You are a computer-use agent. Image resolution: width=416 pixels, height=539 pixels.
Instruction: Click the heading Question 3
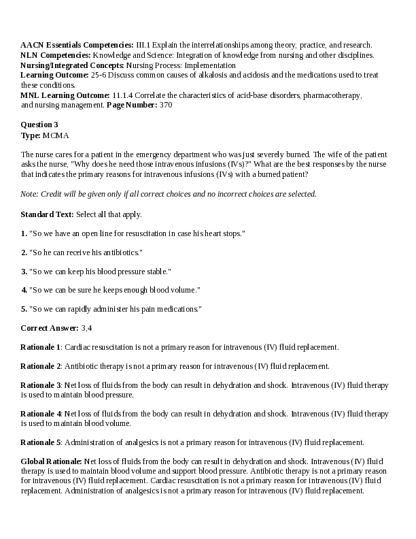click(x=39, y=125)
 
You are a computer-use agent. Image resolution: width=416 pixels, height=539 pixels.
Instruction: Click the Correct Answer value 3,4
click(x=86, y=328)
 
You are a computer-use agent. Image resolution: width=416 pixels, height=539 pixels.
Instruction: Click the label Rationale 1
click(x=41, y=347)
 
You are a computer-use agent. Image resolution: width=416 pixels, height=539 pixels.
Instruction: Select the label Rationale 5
click(x=41, y=442)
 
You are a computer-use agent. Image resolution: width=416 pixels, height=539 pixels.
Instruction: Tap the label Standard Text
click(x=47, y=214)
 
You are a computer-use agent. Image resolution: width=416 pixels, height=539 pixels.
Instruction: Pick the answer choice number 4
click(x=24, y=290)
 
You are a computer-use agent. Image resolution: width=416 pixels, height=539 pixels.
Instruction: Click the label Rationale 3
click(x=41, y=385)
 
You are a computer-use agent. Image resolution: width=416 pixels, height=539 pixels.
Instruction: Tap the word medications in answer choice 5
click(x=178, y=309)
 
